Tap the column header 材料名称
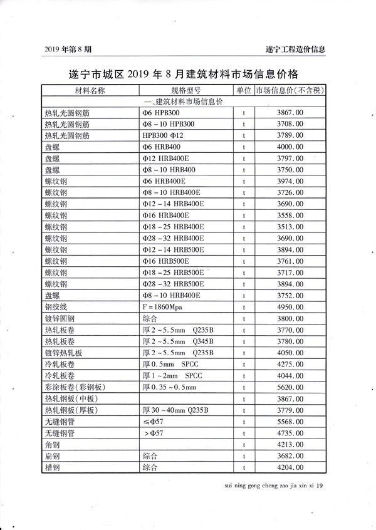pyautogui.click(x=90, y=90)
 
